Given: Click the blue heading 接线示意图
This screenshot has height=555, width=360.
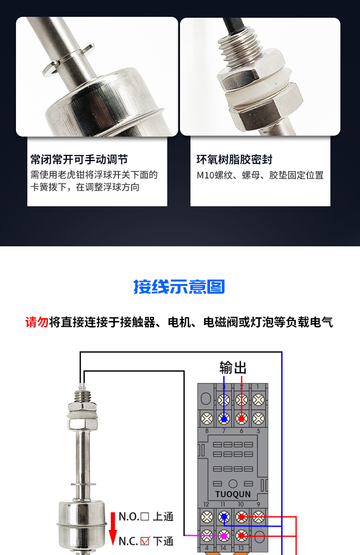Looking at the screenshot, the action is (x=179, y=287).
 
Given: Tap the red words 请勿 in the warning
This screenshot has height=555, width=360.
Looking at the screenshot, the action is (x=37, y=322).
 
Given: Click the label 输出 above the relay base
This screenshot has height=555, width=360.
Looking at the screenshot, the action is (x=233, y=367).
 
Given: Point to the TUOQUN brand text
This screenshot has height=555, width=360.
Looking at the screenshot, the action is (x=233, y=494).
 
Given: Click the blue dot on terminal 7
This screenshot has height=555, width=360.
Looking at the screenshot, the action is (x=224, y=419).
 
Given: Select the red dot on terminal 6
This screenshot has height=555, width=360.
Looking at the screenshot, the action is (x=241, y=419).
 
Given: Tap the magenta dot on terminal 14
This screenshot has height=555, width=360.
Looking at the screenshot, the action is (x=224, y=536).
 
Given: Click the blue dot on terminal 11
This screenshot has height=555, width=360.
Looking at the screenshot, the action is (x=224, y=517).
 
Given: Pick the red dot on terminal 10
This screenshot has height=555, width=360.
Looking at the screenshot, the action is (x=241, y=517).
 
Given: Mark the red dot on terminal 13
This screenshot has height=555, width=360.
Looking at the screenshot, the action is (x=241, y=536).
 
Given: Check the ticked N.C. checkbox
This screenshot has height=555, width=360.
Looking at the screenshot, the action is (x=145, y=541).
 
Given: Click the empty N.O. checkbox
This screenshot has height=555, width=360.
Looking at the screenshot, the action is (x=145, y=517).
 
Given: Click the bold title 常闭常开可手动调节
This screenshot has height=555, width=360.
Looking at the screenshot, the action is (x=79, y=159).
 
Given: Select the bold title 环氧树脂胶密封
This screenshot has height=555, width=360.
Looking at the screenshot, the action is (x=234, y=159).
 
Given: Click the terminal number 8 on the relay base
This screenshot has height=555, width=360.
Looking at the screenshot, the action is (x=207, y=431).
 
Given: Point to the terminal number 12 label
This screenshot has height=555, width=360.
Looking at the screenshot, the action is (x=206, y=504).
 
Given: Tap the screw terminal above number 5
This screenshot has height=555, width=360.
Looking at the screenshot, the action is (x=258, y=419).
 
